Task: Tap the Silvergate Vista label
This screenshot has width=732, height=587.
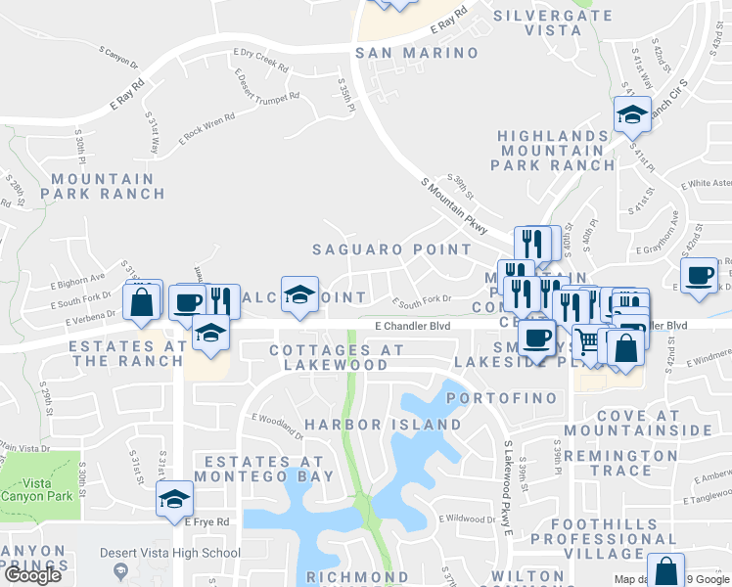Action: click(552, 23)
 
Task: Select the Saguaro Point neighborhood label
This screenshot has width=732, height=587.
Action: click(392, 249)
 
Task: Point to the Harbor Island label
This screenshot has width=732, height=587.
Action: click(383, 426)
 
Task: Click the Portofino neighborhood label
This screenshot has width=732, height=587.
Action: click(502, 399)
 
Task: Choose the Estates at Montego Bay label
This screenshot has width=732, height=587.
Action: click(263, 469)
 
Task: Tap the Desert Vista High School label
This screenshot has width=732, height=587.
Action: click(171, 554)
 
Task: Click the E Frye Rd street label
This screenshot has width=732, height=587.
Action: click(207, 522)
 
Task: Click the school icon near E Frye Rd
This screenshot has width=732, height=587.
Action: click(174, 498)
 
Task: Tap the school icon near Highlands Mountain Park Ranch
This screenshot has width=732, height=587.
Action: click(632, 113)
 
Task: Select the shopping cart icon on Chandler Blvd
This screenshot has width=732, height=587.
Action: click(587, 342)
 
